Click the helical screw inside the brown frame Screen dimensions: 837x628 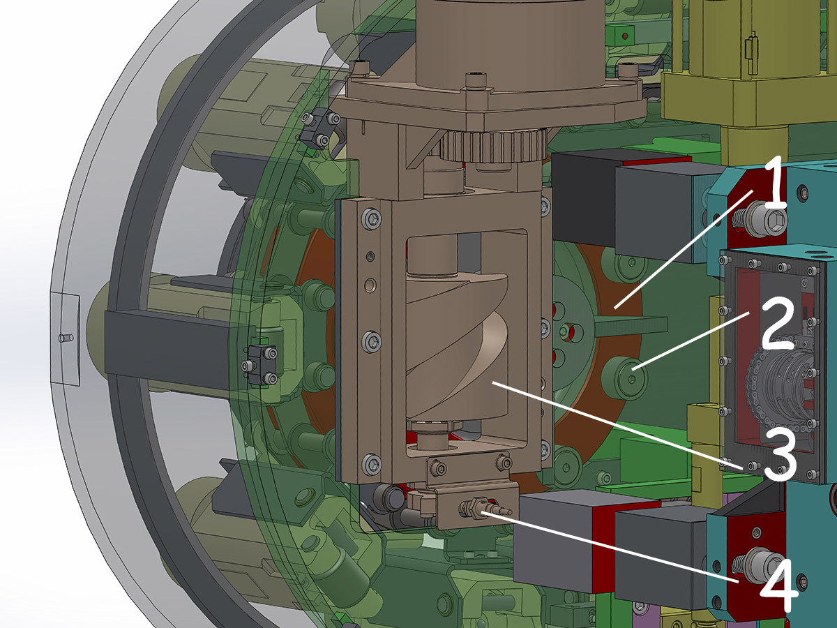[458, 347]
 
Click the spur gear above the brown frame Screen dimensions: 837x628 [495, 146]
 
